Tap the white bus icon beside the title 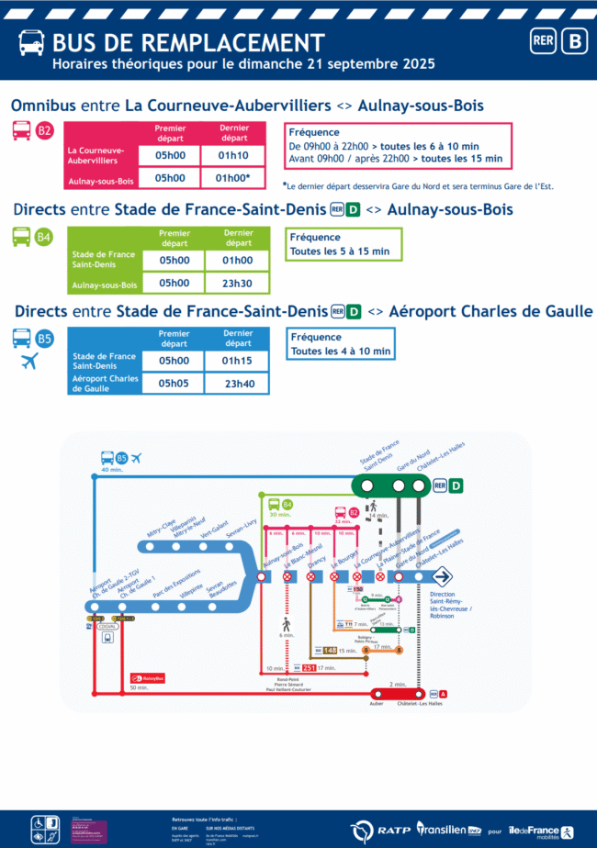[30, 43]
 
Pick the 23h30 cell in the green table [239, 284]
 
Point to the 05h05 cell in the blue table [173, 384]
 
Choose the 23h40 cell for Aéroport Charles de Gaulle [239, 384]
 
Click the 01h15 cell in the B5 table [239, 361]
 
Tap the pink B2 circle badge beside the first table [45, 131]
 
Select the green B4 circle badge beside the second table [44, 238]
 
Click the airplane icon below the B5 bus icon [29, 362]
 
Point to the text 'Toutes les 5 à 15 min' [340, 251]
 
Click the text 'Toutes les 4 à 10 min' [341, 351]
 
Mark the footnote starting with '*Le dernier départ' [418, 186]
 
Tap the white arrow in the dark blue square [442, 576]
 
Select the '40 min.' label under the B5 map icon [112, 470]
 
